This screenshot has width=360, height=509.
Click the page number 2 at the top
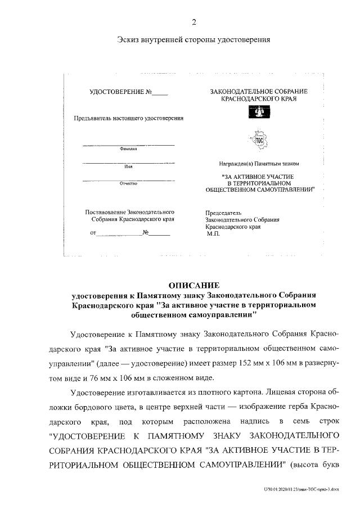coord(193,22)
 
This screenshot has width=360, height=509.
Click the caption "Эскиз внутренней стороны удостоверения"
coord(193,40)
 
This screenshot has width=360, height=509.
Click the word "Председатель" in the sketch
coord(224,213)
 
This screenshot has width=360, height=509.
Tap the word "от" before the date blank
coord(92,233)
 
